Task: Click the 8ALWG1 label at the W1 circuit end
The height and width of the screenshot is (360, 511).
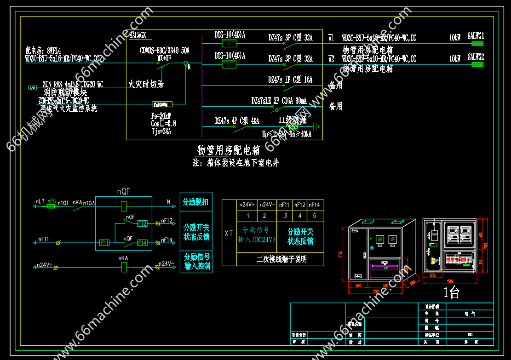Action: coord(476,36)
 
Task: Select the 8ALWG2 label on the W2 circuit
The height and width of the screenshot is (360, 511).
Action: coord(476,57)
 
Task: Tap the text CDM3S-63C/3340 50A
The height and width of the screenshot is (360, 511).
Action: coord(165,50)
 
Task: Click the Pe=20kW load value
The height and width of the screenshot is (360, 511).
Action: coord(161,116)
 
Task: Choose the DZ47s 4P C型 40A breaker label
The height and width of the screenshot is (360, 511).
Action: coord(237,121)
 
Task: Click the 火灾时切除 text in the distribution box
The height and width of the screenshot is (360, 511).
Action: coord(146,84)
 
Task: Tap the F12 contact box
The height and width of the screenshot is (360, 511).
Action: coord(142,223)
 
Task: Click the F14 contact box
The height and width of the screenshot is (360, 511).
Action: coord(142,243)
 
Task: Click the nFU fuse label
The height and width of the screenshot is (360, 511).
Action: coord(52,201)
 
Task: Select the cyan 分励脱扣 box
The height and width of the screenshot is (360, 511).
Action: coord(196,202)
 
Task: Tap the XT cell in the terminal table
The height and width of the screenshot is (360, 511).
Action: coord(229,233)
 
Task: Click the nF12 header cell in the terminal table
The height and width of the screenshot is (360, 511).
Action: coord(299,205)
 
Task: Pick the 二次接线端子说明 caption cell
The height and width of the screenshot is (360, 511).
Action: coord(281,259)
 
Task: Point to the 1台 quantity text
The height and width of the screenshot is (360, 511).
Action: coord(451,291)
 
